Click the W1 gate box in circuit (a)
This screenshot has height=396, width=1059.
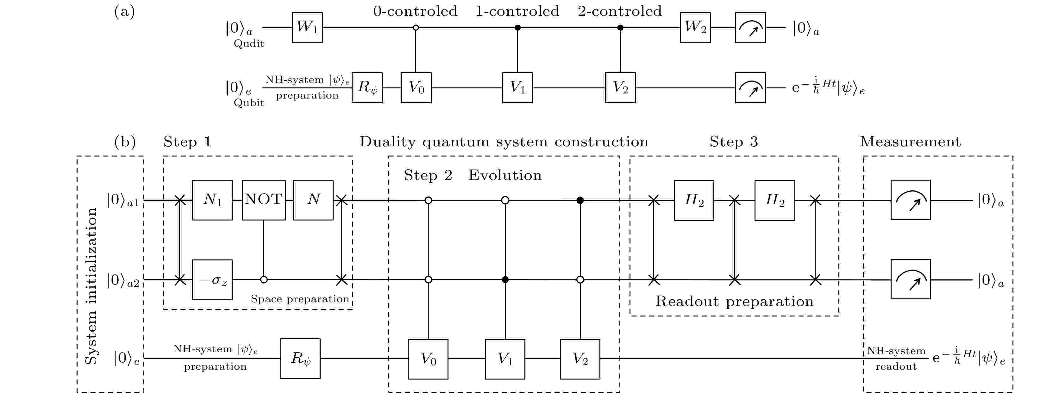pos(307,28)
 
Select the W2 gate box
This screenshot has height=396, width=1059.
pos(695,28)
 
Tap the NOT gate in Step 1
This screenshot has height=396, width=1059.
pos(264,200)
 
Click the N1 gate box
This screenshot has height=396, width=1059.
pos(212,200)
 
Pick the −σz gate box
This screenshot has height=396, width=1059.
pos(212,279)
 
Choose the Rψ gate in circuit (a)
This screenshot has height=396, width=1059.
pos(367,88)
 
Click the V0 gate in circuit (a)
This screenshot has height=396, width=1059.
pos(416,88)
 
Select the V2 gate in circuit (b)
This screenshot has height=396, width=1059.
pos(580,359)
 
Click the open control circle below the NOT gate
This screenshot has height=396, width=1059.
pos(264,279)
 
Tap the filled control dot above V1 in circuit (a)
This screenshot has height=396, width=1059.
pos(517,28)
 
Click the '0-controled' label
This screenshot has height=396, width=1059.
pos(415,11)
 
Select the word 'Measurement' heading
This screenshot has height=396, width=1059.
pos(910,142)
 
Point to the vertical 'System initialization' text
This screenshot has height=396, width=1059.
pos(91,286)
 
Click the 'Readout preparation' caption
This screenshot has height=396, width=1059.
pos(734,301)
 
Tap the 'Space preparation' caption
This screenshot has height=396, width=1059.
pos(300,299)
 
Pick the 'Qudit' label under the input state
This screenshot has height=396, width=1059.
pos(249,44)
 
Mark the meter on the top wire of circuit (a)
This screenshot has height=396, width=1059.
pos(750,28)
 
